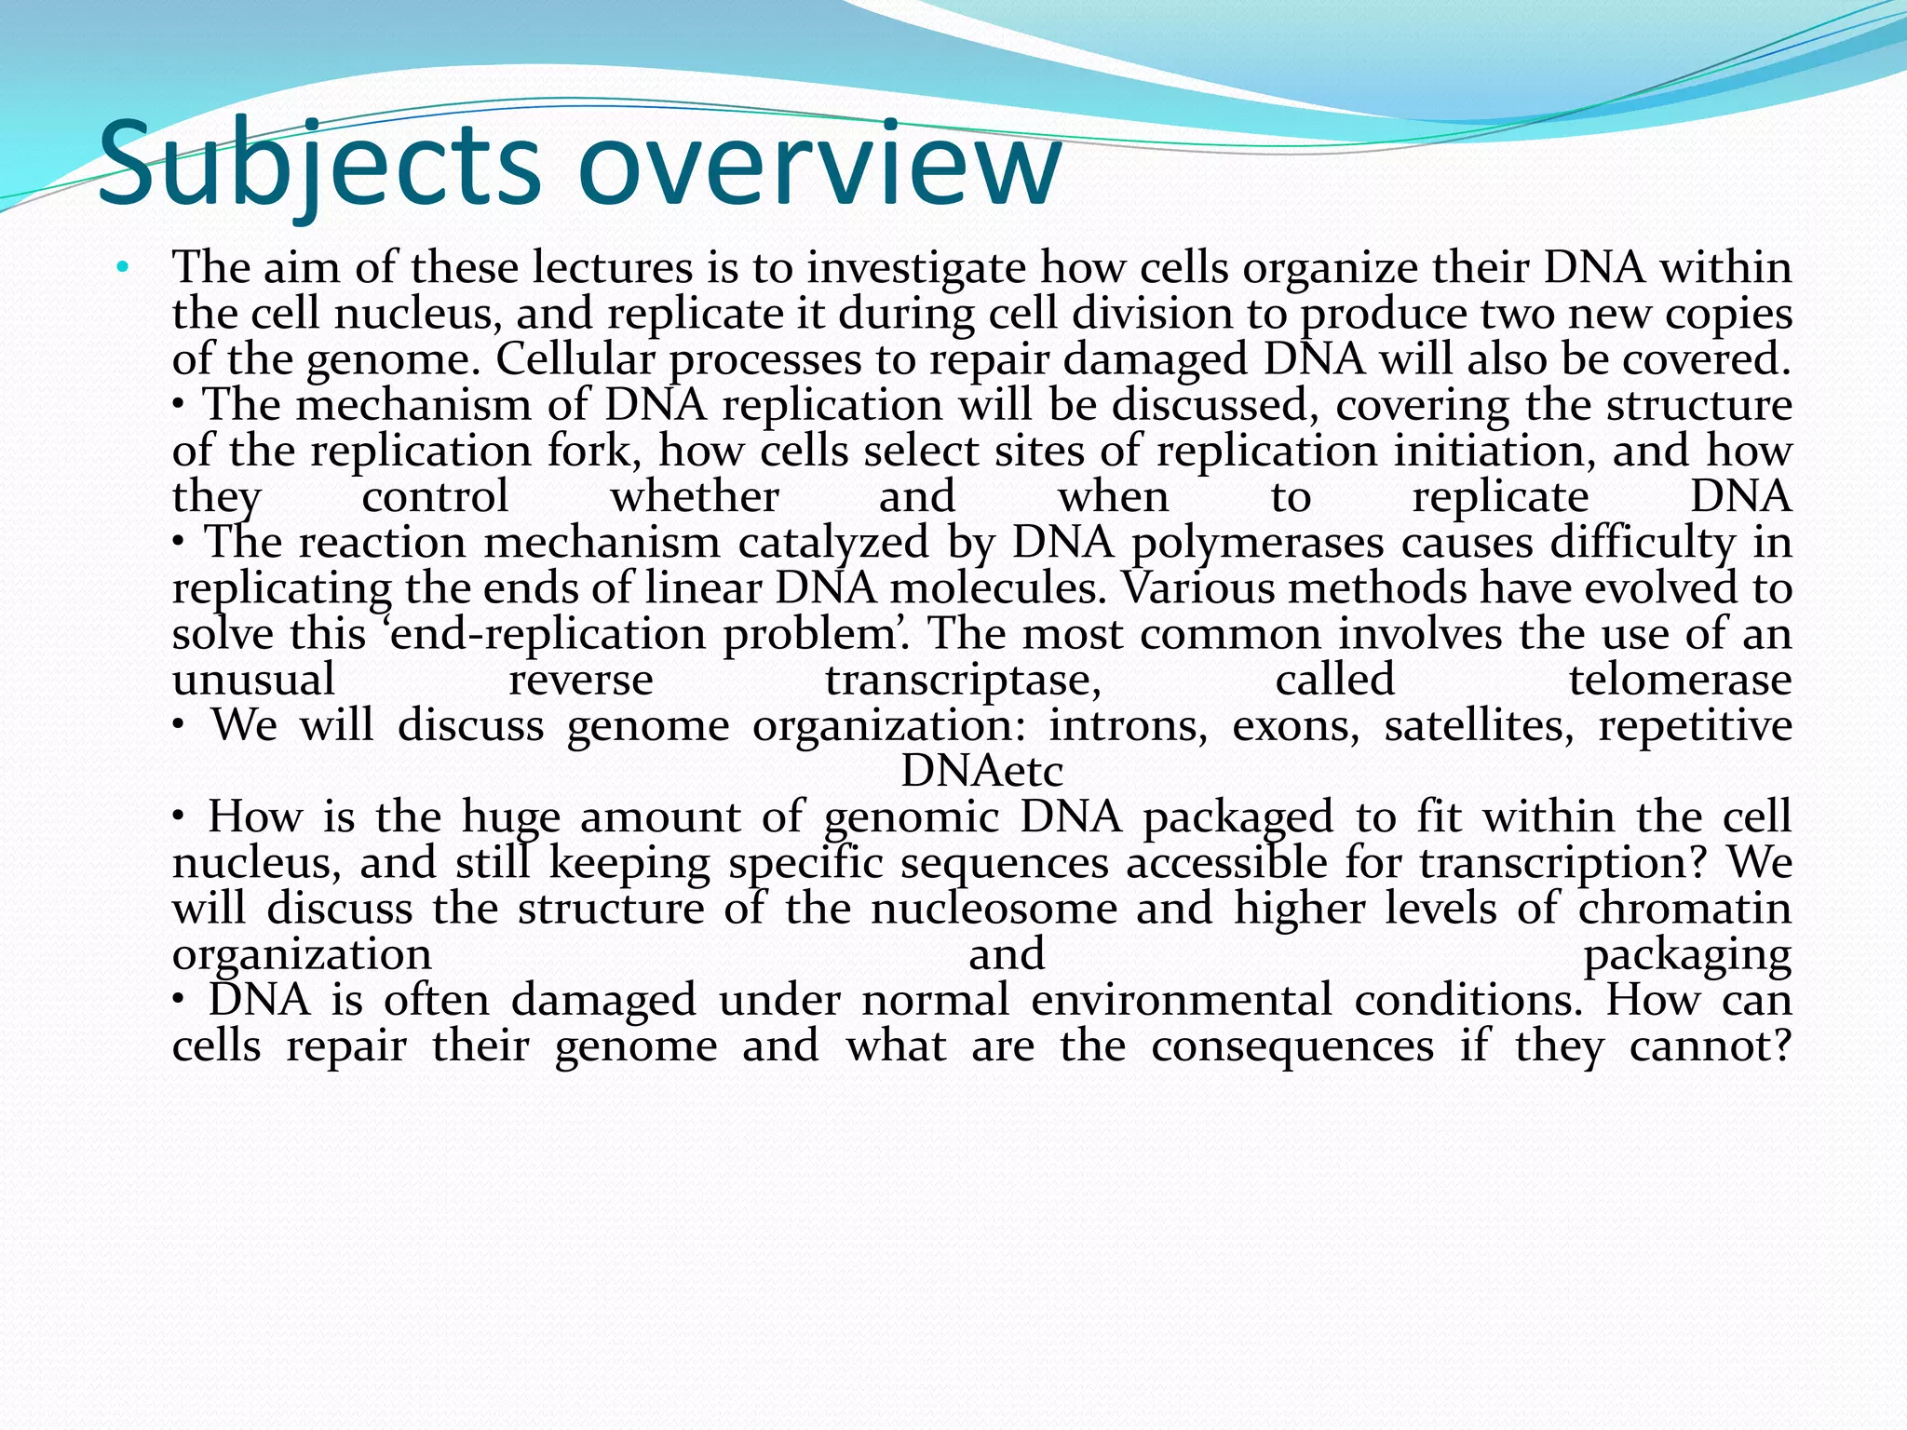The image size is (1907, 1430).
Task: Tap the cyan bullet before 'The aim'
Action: pyautogui.click(x=122, y=269)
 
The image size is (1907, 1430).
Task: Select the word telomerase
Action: pyautogui.click(x=1680, y=680)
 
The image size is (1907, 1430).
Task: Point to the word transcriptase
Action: pyautogui.click(x=963, y=681)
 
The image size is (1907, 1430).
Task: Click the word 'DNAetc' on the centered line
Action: pyautogui.click(x=981, y=771)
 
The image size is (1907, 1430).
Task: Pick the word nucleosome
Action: pyautogui.click(x=994, y=908)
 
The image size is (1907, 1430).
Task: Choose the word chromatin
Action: pyautogui.click(x=1684, y=908)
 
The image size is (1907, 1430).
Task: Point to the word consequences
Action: pyautogui.click(x=1292, y=1046)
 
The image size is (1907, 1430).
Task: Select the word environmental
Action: pyautogui.click(x=1182, y=1000)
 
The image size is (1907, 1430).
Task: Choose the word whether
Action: pyautogui.click(x=694, y=496)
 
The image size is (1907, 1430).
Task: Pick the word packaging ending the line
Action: pyautogui.click(x=1687, y=955)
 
